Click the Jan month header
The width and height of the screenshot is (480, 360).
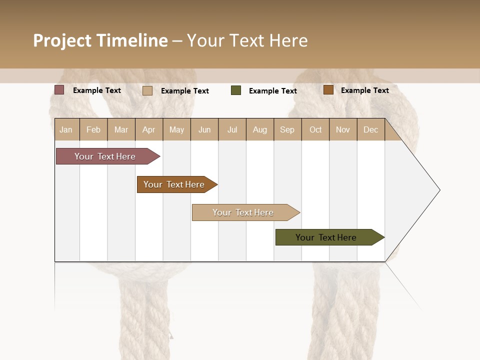66,129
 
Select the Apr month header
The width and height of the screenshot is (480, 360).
149,129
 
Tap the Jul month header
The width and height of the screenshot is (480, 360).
232,129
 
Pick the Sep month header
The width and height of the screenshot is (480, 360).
287,129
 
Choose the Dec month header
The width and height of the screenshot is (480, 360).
370,129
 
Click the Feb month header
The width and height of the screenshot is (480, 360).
93,129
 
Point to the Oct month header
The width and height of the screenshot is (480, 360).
315,129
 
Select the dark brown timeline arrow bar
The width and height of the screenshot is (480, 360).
175,184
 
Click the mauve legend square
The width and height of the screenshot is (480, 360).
59,90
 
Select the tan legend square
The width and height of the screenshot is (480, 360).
147,90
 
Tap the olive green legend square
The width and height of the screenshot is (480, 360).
236,90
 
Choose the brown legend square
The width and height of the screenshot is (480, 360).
328,90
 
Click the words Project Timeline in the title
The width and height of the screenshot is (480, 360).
100,40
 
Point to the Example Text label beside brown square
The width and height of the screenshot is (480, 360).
365,90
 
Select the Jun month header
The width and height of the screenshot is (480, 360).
204,129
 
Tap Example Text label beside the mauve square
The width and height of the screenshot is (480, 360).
97,90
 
